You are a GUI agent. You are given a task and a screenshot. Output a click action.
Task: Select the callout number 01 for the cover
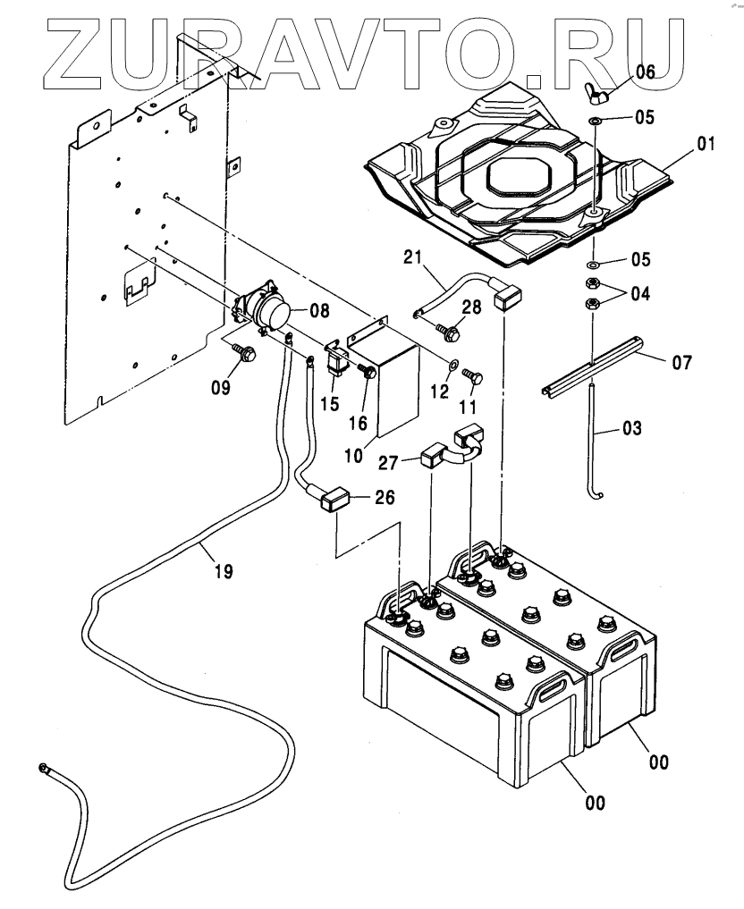click(706, 143)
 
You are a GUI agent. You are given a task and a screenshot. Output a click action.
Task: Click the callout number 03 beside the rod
click(631, 429)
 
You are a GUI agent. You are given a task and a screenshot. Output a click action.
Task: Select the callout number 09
click(220, 388)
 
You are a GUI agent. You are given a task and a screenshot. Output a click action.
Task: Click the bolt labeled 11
click(475, 379)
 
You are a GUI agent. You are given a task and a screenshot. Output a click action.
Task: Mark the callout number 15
click(330, 404)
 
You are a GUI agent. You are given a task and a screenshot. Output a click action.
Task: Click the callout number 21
click(412, 258)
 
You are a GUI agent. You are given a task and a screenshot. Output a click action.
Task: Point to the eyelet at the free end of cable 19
click(42, 768)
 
